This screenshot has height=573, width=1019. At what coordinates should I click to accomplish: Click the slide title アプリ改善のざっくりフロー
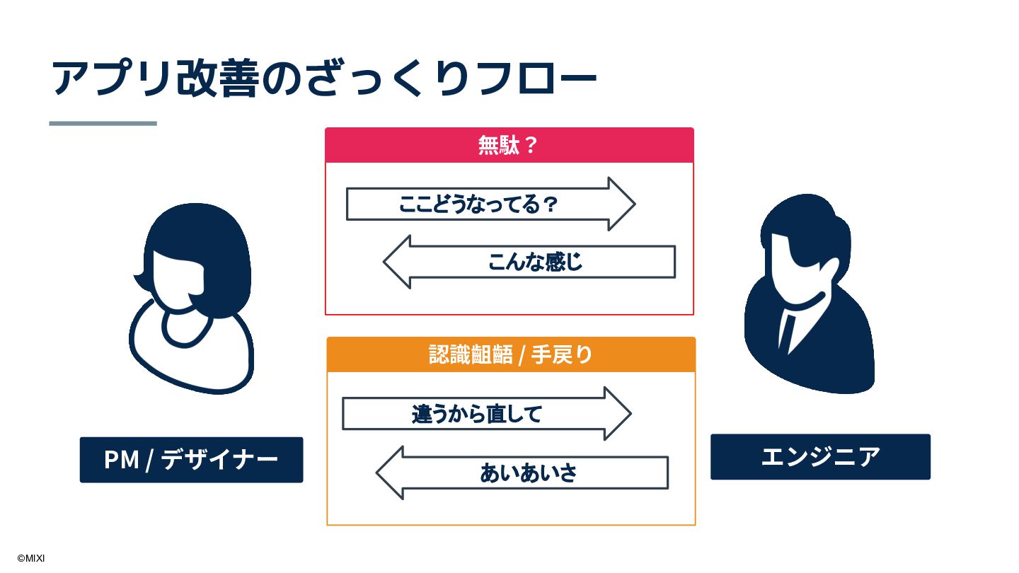324,77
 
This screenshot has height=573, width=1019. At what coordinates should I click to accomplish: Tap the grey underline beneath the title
103,123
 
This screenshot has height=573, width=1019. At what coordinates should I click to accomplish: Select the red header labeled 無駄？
509,145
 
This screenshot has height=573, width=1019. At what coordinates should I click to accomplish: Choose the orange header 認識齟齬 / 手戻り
510,354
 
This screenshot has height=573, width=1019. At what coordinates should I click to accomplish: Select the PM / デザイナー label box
191,460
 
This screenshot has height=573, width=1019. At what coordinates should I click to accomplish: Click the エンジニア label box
820,457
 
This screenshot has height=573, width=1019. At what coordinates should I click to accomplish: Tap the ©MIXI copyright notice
30,558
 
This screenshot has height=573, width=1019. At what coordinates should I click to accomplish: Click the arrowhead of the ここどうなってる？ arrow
621,204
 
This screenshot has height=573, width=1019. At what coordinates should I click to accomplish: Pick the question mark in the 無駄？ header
532,145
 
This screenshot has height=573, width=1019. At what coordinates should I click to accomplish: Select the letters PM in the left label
121,460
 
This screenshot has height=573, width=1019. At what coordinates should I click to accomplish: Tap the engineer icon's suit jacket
835,347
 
